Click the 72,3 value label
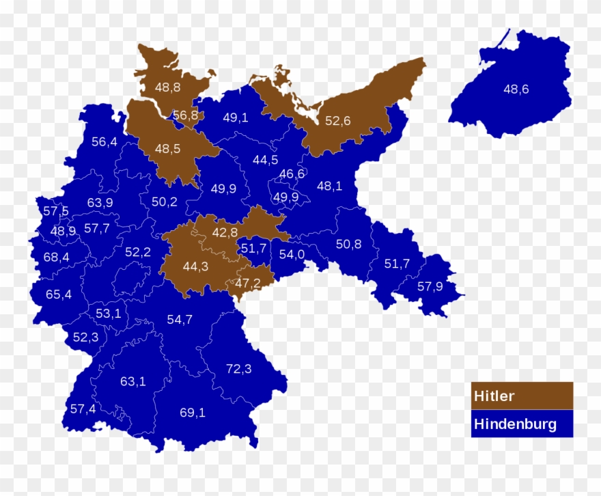[x=239, y=369]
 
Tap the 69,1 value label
[x=193, y=412]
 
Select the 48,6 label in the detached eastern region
[x=516, y=89]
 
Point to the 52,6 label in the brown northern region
[x=337, y=121]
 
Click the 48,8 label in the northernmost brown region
[x=167, y=87]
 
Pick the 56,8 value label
[x=185, y=115]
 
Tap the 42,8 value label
[x=225, y=232]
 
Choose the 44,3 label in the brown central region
[x=195, y=266]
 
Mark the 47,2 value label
[x=247, y=282]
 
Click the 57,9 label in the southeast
[x=430, y=286]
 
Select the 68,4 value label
[x=56, y=257]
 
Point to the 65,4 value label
[x=58, y=294]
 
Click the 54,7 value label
[x=180, y=319]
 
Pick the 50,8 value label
[x=348, y=244]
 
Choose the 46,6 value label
[x=292, y=174]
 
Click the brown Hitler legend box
[x=522, y=396]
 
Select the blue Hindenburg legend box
[x=522, y=424]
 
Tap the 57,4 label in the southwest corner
[x=83, y=409]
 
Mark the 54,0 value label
[x=292, y=254]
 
